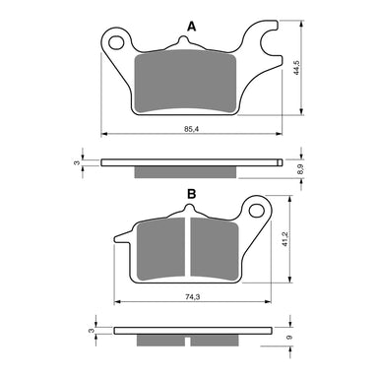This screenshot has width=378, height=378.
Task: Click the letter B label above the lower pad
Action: [190, 194]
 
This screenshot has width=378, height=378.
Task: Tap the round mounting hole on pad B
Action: [257, 210]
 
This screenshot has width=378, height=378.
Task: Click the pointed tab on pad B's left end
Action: [122, 237]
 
